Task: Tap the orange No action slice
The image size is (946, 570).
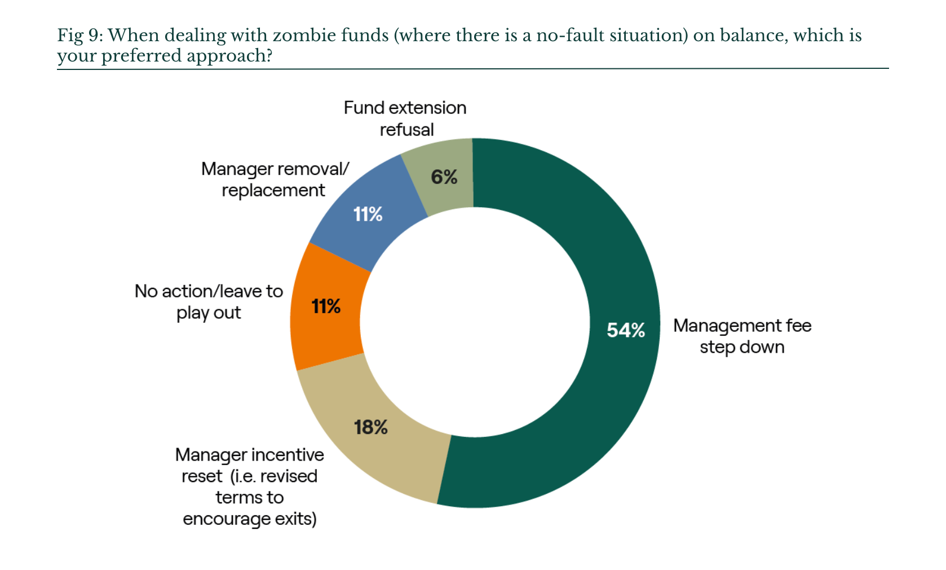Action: [x=326, y=306]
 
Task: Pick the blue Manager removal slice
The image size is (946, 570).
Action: [x=368, y=213]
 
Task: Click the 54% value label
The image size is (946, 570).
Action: [x=626, y=330]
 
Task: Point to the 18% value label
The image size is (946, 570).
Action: [x=370, y=428]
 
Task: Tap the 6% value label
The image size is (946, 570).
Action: [x=444, y=177]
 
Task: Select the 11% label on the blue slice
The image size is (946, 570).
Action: [x=368, y=214]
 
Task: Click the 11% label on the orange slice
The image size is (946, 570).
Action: [x=326, y=306]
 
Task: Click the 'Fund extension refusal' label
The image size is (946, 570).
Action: [x=405, y=119]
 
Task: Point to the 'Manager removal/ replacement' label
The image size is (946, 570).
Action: [x=275, y=179]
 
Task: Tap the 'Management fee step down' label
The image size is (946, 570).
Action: [x=742, y=336]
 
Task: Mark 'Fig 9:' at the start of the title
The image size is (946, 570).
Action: [x=80, y=36]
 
